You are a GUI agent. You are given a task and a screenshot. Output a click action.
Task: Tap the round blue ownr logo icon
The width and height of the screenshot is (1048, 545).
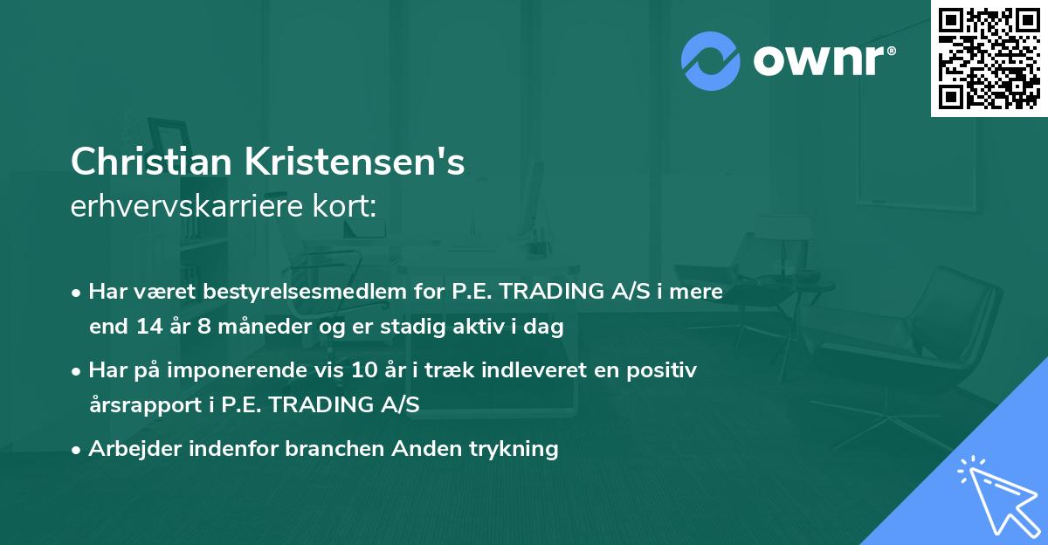711,61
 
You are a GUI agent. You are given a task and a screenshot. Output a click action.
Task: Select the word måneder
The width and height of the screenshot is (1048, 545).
248,328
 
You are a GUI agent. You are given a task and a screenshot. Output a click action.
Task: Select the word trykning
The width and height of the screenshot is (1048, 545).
514,449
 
